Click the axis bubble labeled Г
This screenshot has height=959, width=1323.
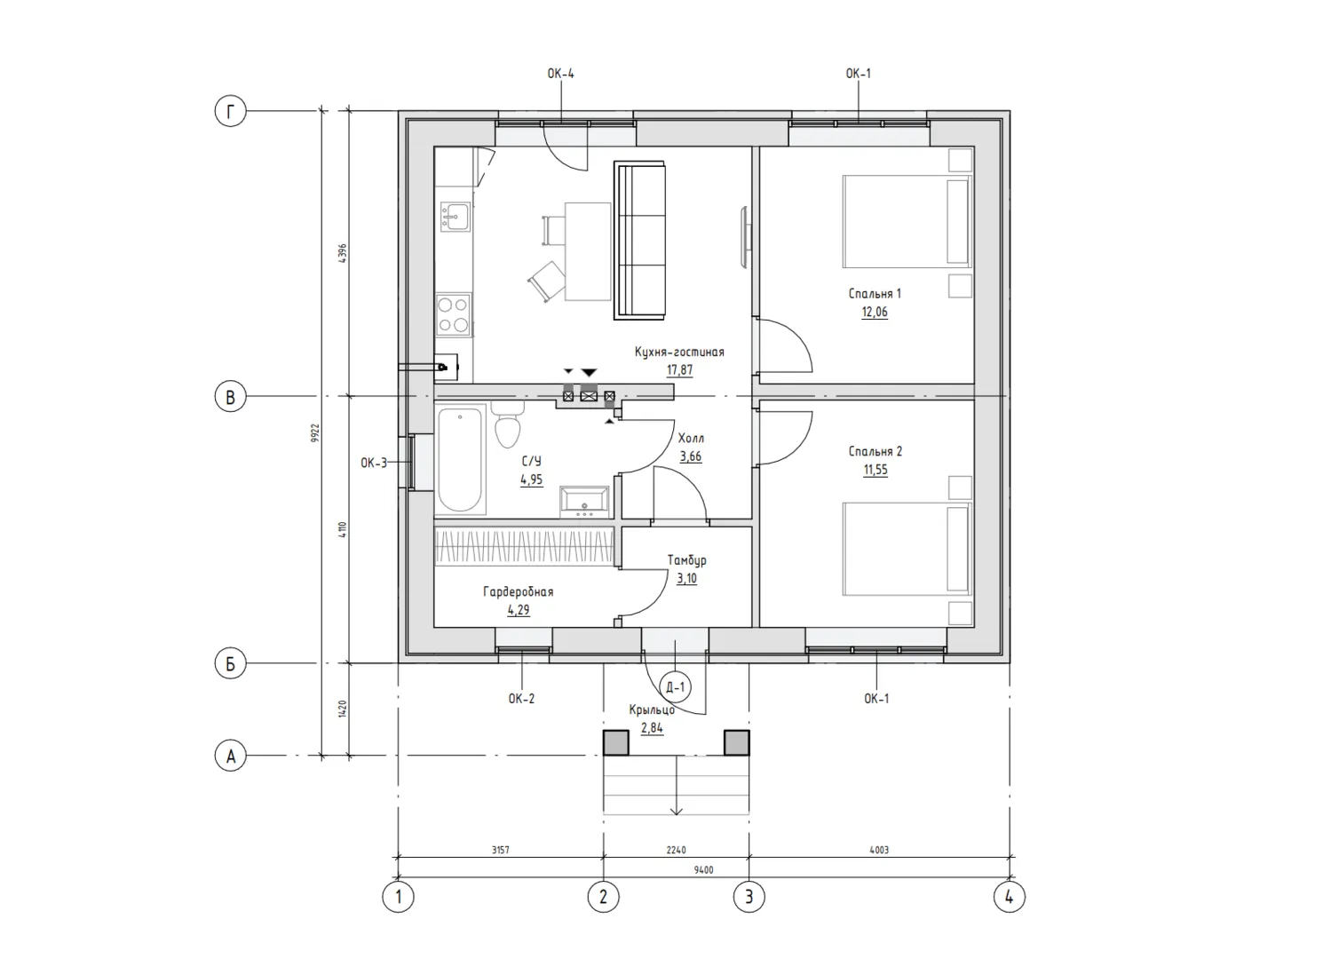(230, 111)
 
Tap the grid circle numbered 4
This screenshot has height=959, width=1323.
(1009, 897)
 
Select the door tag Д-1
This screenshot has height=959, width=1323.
(675, 686)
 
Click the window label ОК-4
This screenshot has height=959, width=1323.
(560, 74)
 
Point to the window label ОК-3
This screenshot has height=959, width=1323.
(374, 463)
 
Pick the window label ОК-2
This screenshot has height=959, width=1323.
(521, 699)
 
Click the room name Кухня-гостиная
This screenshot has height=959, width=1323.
(679, 352)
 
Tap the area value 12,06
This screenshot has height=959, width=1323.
(875, 312)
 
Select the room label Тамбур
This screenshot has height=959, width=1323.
(687, 559)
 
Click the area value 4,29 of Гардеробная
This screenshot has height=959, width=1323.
(519, 610)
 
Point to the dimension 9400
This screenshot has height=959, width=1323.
(704, 870)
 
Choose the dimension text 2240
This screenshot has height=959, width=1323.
(677, 850)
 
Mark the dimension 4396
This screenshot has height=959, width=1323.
(343, 253)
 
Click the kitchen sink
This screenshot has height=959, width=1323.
(455, 216)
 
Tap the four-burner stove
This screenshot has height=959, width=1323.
(454, 314)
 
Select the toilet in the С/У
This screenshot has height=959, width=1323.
(508, 424)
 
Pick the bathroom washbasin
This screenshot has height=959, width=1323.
(584, 502)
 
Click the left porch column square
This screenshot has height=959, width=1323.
(615, 743)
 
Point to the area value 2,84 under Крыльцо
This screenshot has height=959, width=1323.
(652, 728)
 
